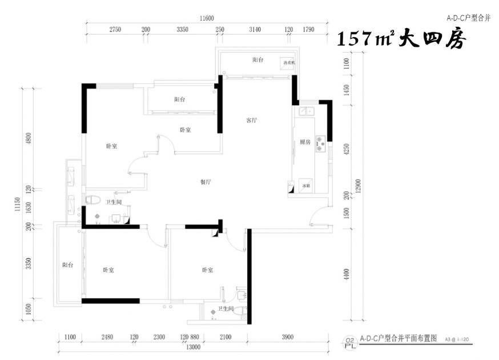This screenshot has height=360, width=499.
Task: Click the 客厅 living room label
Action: [251, 121]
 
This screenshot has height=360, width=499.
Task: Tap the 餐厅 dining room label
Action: [206, 182]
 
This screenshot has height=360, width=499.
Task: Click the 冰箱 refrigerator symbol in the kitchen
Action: [305, 186]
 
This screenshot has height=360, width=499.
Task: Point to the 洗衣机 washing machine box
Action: [287, 63]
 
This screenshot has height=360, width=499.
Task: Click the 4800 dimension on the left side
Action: [29, 139]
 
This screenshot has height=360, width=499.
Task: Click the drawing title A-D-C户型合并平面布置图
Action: [398, 338]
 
